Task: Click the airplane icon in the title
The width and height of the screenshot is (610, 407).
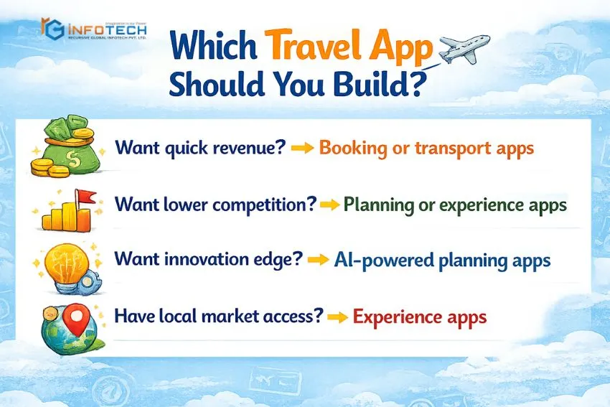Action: point(463,49)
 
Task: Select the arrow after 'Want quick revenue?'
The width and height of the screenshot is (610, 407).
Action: point(301,149)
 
